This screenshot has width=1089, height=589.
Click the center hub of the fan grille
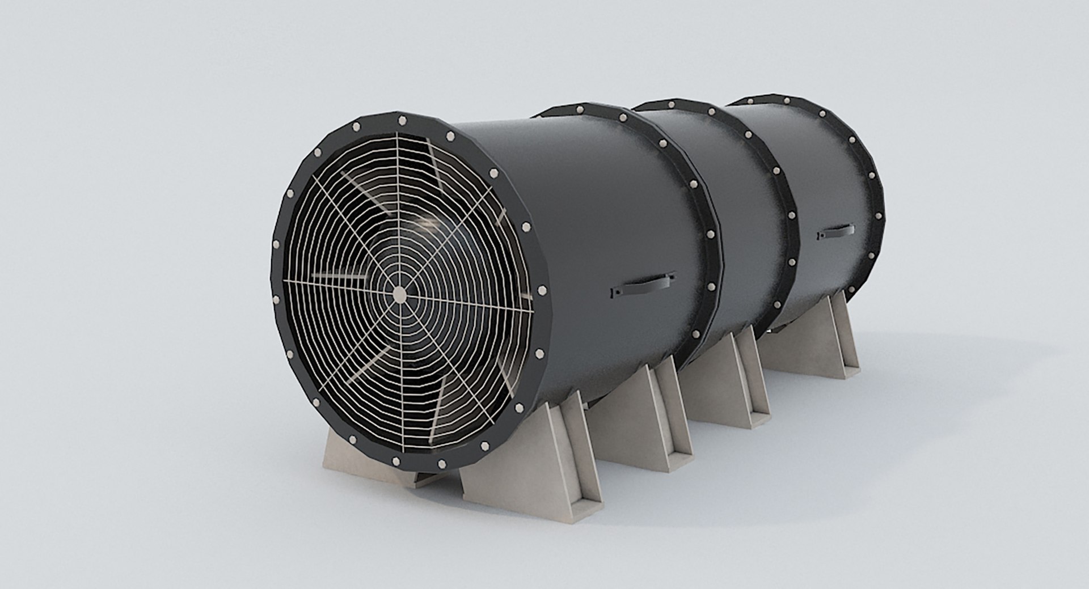coord(399,293)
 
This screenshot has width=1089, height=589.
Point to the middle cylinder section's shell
coord(737,187)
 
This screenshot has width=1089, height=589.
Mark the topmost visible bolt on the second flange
coord(578,107)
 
